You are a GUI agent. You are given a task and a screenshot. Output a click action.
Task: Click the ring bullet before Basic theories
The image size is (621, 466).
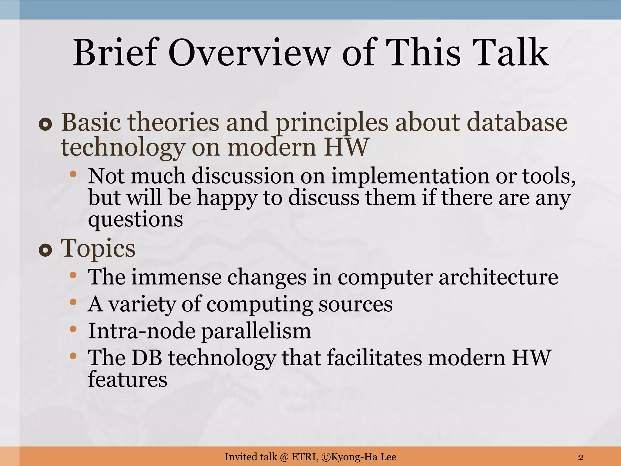(x=45, y=124)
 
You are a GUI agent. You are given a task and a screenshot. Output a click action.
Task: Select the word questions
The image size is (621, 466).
(x=135, y=220)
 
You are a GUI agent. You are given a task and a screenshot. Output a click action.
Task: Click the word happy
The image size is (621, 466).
(x=227, y=198)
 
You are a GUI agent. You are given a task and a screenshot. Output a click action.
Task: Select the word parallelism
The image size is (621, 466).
(x=256, y=331)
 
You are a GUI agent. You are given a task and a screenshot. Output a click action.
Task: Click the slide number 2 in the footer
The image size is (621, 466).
(x=581, y=457)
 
